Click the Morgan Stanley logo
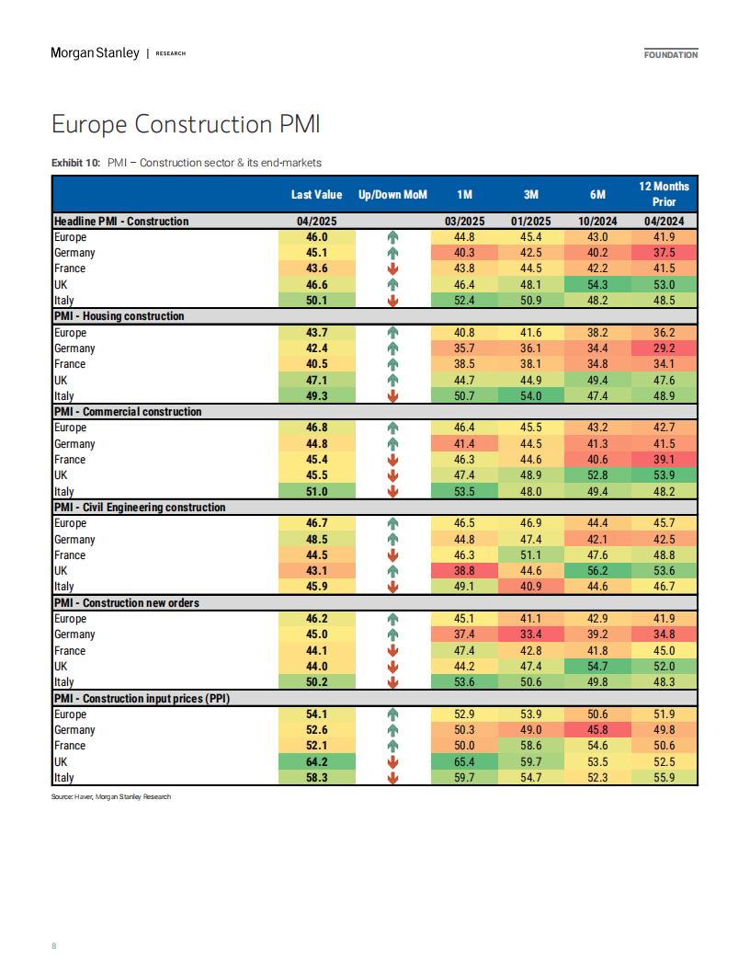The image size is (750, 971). (95, 53)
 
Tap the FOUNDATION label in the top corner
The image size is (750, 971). (671, 54)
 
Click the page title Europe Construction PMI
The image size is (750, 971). (186, 124)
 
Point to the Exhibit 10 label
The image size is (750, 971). (75, 163)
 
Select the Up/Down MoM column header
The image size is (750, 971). (392, 194)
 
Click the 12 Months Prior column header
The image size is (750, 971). (664, 194)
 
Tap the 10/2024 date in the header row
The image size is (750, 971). (597, 221)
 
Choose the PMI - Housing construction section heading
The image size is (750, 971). (119, 315)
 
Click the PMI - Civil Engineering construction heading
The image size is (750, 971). (139, 508)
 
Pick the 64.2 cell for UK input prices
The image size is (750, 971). (317, 761)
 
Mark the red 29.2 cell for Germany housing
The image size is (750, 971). (664, 348)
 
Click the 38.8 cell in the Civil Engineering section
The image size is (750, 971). (464, 570)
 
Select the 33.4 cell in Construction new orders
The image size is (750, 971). (531, 634)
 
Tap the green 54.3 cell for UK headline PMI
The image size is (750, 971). (597, 284)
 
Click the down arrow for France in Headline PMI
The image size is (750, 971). (392, 268)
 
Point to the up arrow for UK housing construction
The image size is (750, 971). (392, 381)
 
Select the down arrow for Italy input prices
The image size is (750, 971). (392, 778)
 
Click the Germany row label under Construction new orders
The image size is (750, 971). (74, 634)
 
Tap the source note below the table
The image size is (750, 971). (111, 797)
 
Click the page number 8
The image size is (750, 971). (54, 945)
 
